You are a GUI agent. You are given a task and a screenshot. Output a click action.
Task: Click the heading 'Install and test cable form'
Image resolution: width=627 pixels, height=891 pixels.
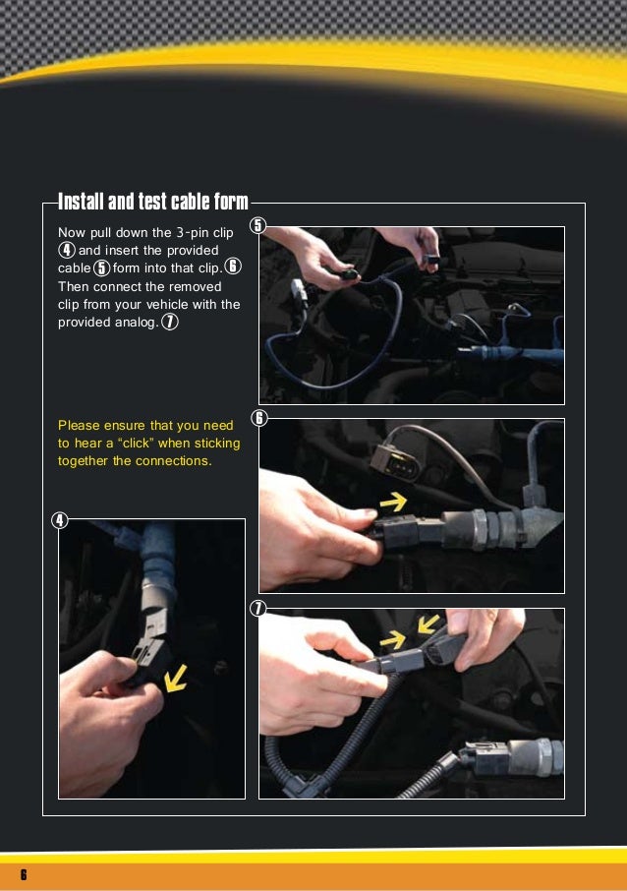tap(152, 203)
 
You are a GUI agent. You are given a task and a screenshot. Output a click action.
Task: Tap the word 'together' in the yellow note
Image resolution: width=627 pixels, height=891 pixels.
tap(84, 460)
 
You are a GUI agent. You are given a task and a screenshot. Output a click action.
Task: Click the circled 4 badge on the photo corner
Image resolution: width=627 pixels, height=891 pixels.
tap(60, 520)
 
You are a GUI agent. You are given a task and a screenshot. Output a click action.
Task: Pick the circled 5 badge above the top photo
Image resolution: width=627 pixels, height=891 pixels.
tap(258, 225)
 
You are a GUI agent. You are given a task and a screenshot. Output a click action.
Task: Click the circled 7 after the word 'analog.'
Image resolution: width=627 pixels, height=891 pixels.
tap(170, 323)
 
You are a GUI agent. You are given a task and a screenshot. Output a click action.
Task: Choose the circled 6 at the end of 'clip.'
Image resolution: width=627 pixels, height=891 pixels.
tap(233, 268)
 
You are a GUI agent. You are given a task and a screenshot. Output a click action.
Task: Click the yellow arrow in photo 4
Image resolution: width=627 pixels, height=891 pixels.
tap(178, 678)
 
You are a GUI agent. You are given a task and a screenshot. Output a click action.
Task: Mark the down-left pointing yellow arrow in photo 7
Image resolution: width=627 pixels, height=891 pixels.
tap(428, 624)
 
